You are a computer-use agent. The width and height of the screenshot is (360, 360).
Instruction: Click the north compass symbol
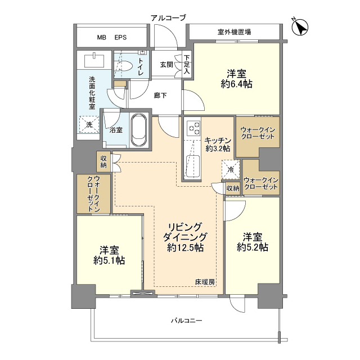[300, 26]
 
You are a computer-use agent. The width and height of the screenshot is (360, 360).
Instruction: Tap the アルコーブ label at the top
[168, 18]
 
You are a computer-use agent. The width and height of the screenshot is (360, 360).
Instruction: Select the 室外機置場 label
[234, 32]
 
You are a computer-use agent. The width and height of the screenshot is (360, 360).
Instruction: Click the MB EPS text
[111, 38]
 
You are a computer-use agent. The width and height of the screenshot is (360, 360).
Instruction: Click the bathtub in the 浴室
[138, 130]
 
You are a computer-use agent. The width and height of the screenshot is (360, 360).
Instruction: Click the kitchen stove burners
[193, 128]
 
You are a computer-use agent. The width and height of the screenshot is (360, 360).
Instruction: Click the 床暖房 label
[205, 281]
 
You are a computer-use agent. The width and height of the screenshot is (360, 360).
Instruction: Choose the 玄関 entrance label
[166, 64]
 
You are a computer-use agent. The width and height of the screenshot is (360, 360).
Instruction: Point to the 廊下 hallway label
[160, 95]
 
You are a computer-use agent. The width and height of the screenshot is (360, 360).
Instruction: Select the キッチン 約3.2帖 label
[217, 145]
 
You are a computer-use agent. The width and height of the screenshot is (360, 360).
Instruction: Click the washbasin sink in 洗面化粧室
[91, 58]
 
